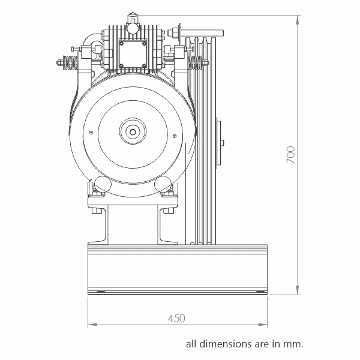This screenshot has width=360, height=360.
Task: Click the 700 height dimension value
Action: pos(290,155)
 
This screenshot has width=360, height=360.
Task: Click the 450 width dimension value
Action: pos(176,319)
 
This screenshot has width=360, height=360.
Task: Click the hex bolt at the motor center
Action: pos(133,131)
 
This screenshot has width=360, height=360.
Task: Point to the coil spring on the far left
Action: pos(70,62)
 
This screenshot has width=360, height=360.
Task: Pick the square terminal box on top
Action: pos(133,54)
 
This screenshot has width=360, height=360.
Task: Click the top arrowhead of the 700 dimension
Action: pos(298,20)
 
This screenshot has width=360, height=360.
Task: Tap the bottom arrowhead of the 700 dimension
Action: pos(298,290)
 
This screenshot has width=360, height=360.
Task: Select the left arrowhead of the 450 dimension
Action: pos(92,325)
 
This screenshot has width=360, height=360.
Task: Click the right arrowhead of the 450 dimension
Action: pos(263,325)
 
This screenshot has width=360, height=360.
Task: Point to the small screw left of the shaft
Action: pos(91,133)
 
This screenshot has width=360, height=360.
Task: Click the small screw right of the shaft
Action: pos(175,136)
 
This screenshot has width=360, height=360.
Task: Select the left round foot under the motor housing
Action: pos(103,184)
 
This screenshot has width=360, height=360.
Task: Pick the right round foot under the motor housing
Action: pos(163,184)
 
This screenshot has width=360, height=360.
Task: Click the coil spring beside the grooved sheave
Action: pos(195,62)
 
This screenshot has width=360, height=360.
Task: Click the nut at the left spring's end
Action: pos(59,62)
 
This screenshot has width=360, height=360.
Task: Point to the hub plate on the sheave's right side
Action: pos(219,143)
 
